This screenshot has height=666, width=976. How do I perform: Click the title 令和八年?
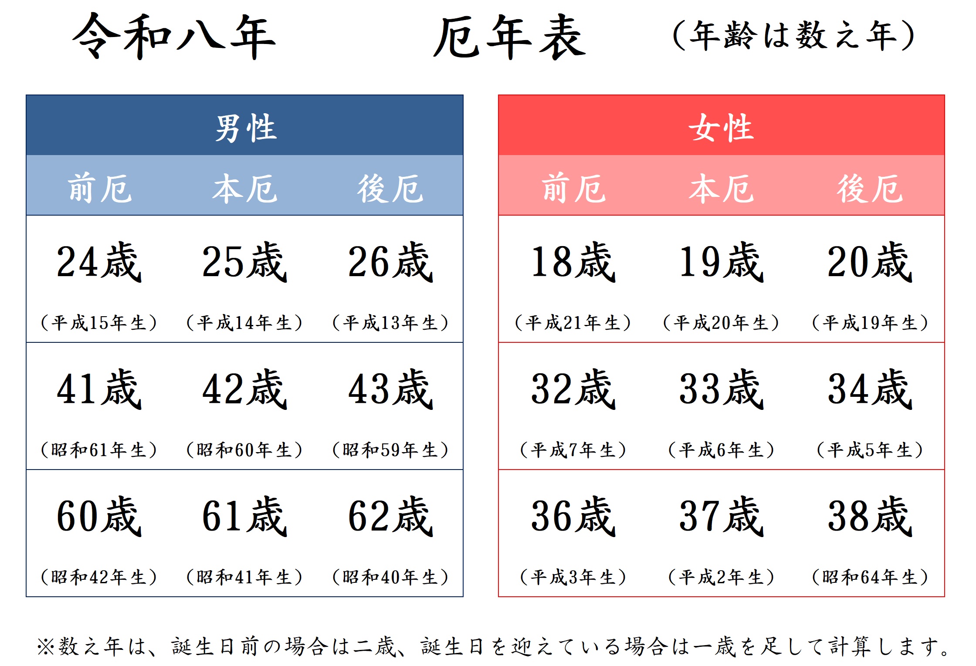[x=174, y=37]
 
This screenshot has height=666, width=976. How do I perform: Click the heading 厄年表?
[x=510, y=37]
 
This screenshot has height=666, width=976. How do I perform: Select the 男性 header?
[x=246, y=128]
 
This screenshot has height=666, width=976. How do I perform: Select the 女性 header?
[x=721, y=128]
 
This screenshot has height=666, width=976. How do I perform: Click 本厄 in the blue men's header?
[x=245, y=189]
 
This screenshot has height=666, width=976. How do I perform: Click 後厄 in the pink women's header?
[x=870, y=189]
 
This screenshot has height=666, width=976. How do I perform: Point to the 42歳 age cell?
[x=245, y=389]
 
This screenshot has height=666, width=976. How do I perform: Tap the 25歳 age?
[x=245, y=262]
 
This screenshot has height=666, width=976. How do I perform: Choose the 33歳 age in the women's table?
[x=722, y=389]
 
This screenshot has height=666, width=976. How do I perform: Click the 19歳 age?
[x=722, y=262]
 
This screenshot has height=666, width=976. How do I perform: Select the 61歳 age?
[x=245, y=516]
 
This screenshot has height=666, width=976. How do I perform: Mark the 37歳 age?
[x=722, y=516]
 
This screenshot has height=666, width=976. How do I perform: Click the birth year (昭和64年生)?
[x=870, y=577]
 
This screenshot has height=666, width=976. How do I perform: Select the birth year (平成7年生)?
[x=573, y=450]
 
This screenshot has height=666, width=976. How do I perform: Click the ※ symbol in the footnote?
[x=45, y=647]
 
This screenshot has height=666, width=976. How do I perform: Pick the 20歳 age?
[x=870, y=262]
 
